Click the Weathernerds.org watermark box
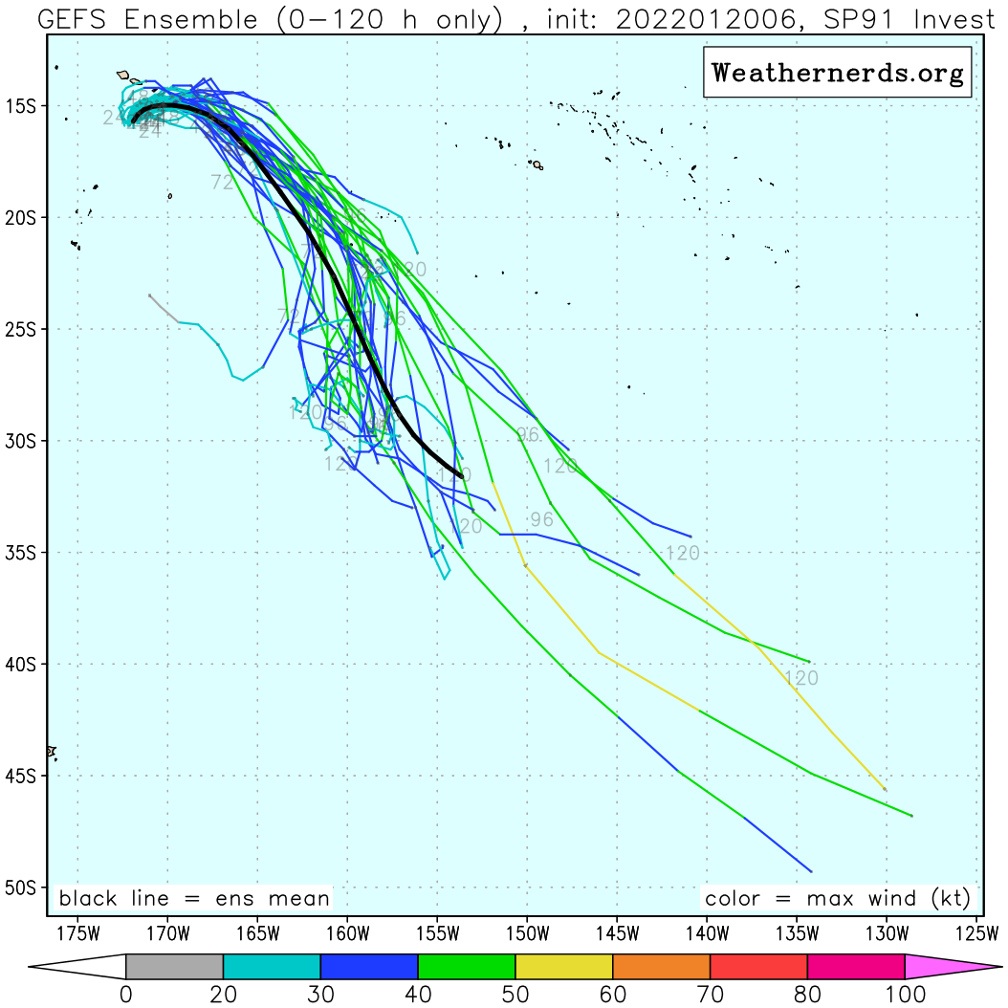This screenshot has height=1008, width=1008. click(838, 73)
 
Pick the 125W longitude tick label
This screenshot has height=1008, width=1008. click(977, 933)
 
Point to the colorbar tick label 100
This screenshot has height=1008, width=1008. click(904, 995)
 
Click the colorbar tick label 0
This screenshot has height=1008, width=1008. click(126, 995)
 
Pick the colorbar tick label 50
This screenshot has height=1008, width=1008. click(515, 995)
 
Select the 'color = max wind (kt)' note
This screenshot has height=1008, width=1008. click(837, 899)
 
